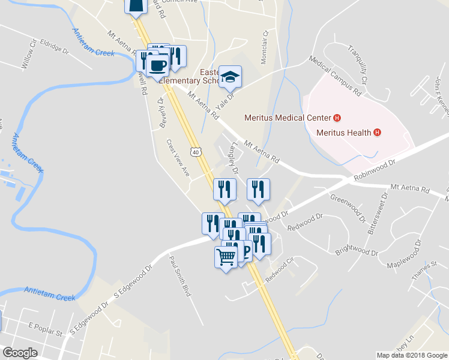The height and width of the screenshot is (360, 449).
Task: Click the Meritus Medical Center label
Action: click(x=288, y=117)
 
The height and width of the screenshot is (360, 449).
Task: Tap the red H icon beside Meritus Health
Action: click(x=377, y=133)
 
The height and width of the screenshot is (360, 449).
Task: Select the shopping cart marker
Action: click(x=226, y=258)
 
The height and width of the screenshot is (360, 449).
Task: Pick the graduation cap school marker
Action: click(x=230, y=77)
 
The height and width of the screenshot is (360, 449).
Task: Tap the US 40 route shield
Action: click(x=196, y=152)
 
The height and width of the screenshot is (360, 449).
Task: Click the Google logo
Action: click(x=20, y=352)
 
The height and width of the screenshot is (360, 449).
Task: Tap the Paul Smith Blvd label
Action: click(x=179, y=277)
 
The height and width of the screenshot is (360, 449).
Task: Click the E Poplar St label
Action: click(x=45, y=331)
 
